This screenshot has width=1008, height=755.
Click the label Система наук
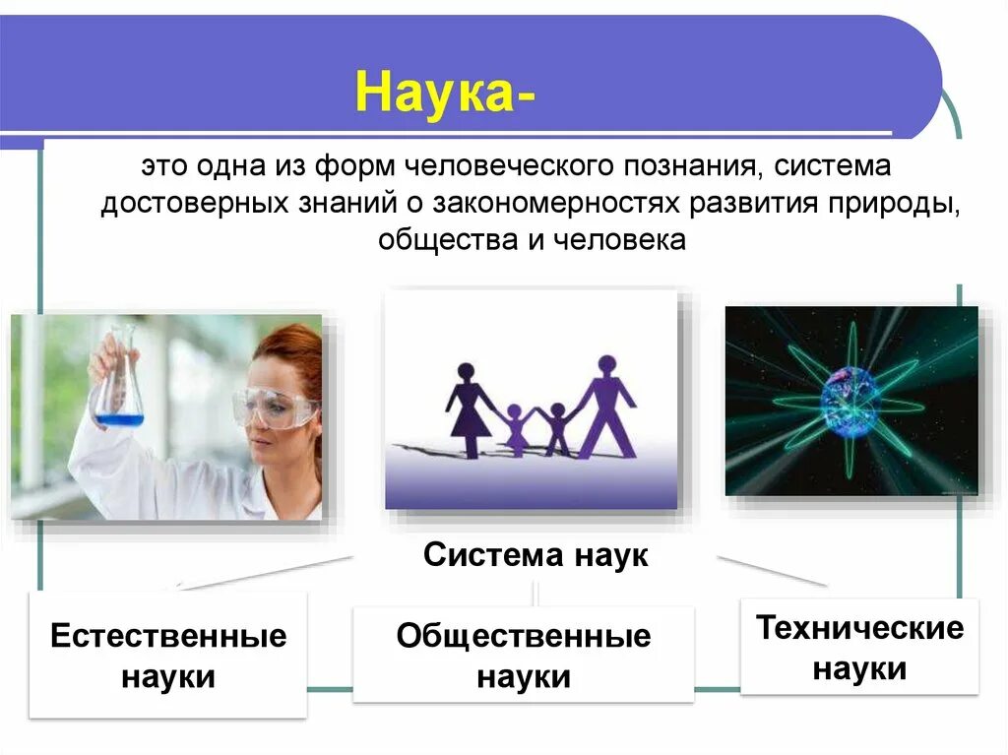pos(535,555)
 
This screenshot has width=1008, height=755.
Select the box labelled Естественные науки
pos(168,655)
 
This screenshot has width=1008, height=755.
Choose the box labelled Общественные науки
pos(524,655)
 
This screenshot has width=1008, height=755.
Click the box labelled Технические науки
pos(859,648)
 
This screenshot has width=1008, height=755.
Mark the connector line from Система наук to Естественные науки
pos(266,572)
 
